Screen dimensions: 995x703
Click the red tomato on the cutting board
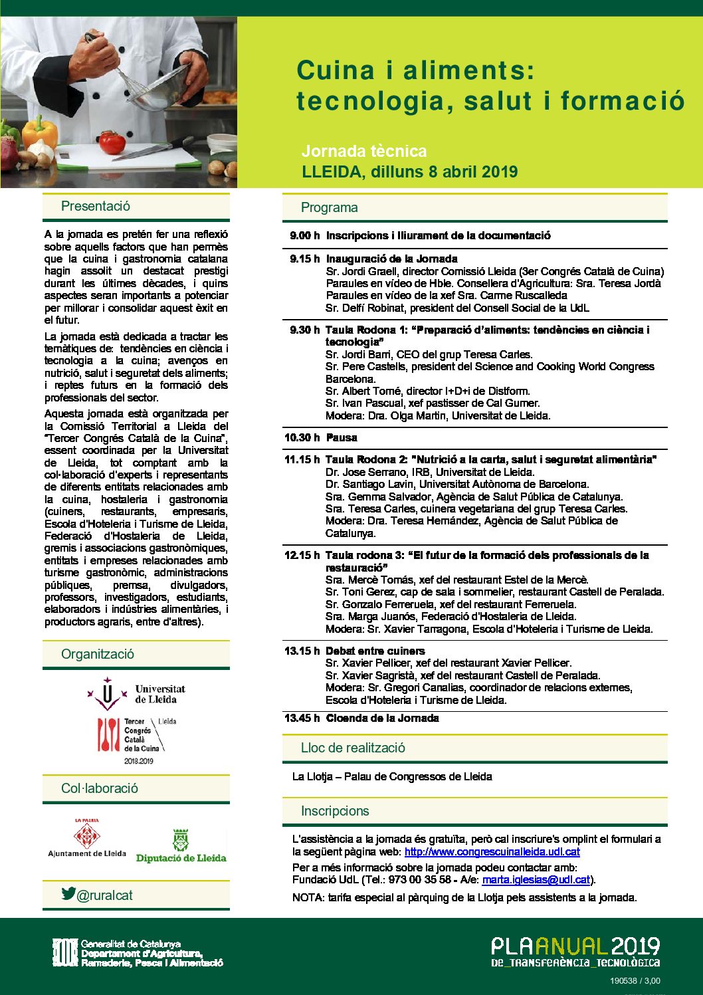(x=112, y=142)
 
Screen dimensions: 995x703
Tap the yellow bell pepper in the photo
(x=40, y=132)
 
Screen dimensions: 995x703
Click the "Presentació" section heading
(x=96, y=206)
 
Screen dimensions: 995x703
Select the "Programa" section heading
(x=329, y=207)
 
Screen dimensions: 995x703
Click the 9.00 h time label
(x=304, y=235)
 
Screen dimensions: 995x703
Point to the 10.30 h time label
(x=302, y=437)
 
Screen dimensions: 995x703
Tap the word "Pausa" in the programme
(x=342, y=437)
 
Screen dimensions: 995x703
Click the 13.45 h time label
(x=302, y=718)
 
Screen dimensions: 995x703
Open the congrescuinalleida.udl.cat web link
(x=492, y=851)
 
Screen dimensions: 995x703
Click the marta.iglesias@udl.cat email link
(x=536, y=879)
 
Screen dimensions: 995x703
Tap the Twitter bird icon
(x=68, y=893)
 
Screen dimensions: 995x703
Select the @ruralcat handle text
(x=104, y=895)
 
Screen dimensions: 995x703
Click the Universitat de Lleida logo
(x=136, y=694)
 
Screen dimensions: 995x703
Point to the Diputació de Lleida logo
(x=181, y=845)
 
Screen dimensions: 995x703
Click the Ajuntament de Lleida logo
(x=87, y=839)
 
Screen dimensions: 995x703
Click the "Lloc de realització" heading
(x=353, y=748)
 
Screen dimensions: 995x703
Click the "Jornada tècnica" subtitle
(x=364, y=151)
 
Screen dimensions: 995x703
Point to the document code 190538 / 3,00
(x=635, y=980)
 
